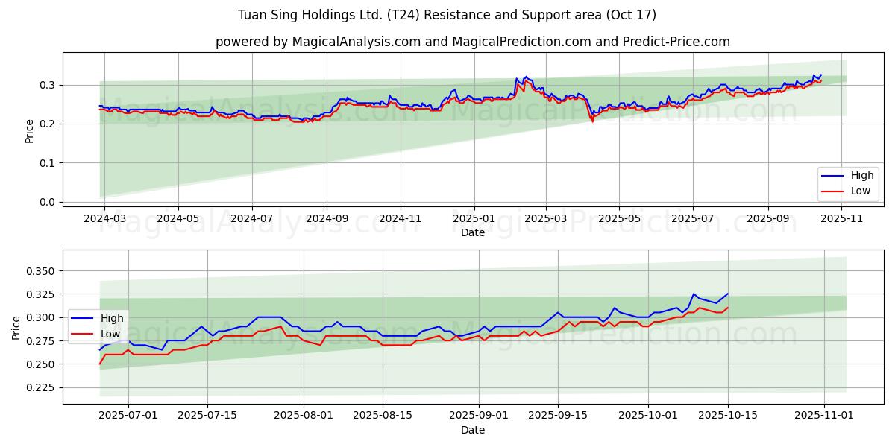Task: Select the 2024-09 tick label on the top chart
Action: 327,219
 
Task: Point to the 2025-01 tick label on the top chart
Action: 474,219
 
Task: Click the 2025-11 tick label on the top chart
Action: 842,219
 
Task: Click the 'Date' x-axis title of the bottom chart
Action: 472,430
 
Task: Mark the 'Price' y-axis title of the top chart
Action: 29,131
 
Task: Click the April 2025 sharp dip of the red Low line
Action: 593,121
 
